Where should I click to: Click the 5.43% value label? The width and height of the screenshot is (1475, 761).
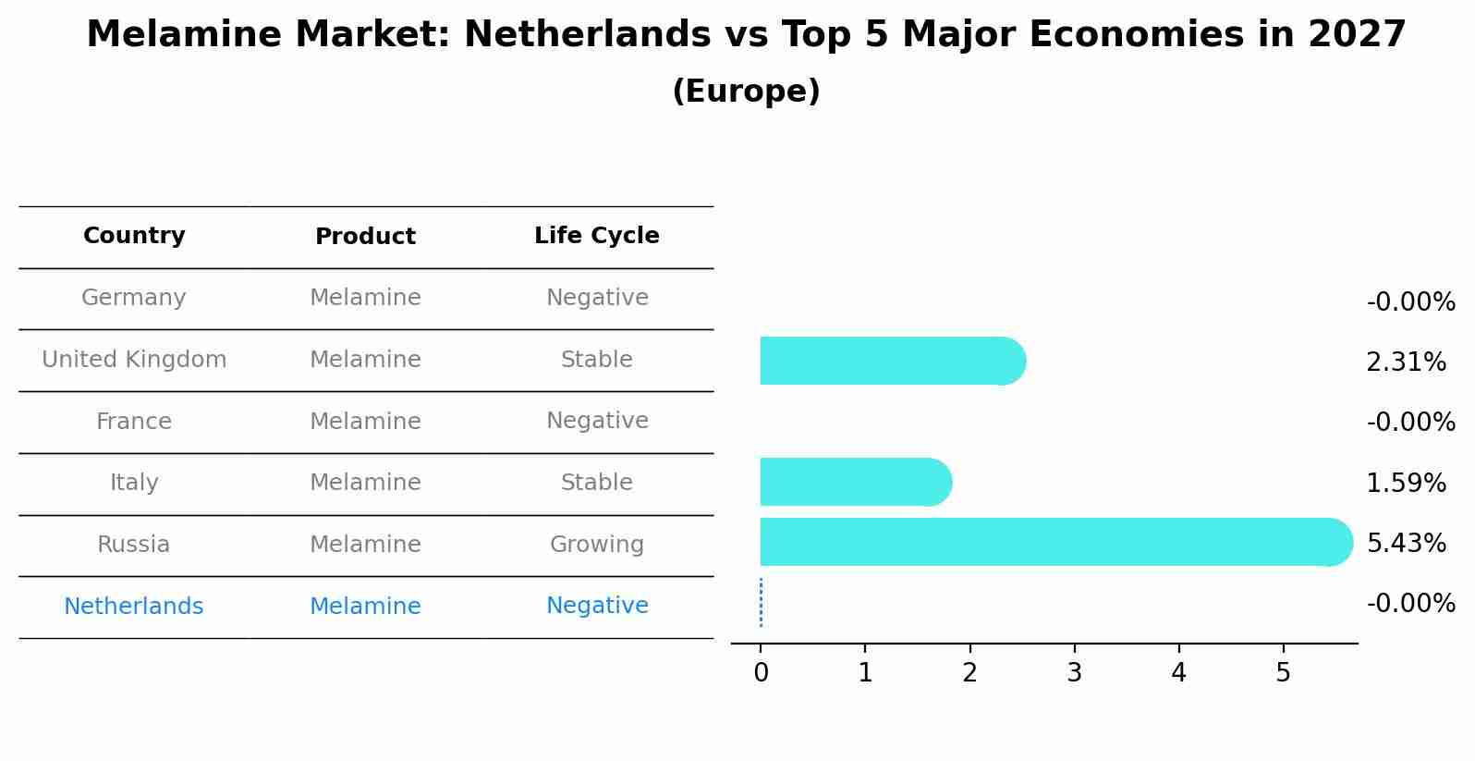(1406, 543)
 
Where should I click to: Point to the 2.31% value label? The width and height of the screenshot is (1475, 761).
(1406, 362)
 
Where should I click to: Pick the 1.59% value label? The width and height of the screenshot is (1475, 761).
(1406, 483)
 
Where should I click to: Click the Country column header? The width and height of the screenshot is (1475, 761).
(134, 236)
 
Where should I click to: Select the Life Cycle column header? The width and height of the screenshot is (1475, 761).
(597, 236)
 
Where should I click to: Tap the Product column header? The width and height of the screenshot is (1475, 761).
(365, 237)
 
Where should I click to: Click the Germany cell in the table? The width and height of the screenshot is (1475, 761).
(134, 298)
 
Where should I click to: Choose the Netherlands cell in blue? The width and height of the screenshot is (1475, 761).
(134, 607)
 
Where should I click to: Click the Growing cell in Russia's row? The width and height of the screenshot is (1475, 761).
(597, 545)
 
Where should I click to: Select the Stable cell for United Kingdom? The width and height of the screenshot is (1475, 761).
(597, 360)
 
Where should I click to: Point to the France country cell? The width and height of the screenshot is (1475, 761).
(134, 422)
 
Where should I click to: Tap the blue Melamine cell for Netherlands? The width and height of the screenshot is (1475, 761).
(365, 607)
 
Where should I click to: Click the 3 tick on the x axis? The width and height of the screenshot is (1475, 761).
(1074, 673)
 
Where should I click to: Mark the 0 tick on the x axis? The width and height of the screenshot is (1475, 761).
(761, 673)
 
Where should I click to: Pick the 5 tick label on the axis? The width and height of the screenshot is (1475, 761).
(1283, 673)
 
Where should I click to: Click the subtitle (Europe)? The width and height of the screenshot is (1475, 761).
(746, 92)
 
